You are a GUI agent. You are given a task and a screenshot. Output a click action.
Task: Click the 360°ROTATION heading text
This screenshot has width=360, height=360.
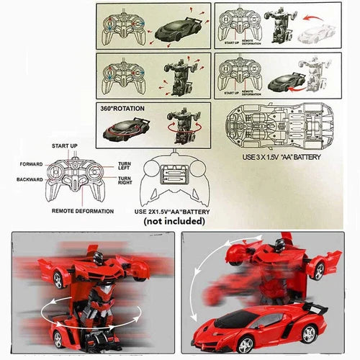[127, 108]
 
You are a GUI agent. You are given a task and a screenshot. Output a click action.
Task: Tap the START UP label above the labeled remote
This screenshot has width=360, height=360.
[65, 147]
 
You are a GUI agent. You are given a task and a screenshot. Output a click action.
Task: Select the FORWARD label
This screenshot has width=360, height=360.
[30, 163]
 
